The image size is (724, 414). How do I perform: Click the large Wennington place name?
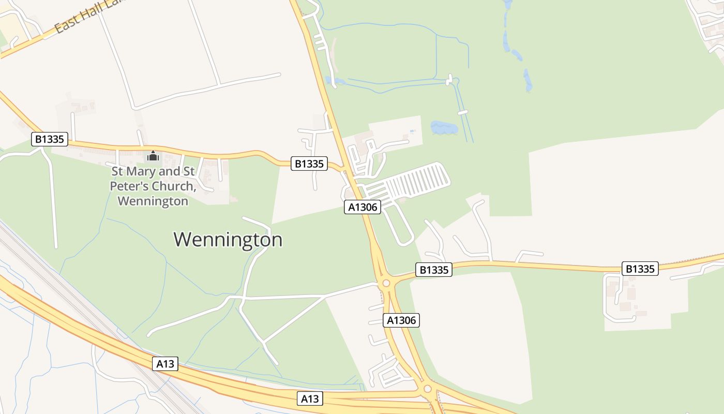point(228,240)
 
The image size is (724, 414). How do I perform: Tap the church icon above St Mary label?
point(153,155)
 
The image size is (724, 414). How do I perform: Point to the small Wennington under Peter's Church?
point(153,201)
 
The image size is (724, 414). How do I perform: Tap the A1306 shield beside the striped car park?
point(363,207)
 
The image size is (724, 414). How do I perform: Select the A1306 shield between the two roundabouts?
point(401,320)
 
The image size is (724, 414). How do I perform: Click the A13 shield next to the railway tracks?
point(165,364)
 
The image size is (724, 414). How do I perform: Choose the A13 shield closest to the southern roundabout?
point(310,398)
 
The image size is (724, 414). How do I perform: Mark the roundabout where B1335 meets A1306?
point(385,284)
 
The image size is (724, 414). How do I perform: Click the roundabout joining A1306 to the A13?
point(427,389)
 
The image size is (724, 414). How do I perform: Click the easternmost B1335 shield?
point(640,269)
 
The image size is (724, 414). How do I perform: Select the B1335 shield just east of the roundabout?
point(433,270)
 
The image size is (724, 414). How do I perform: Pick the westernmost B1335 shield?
point(50,139)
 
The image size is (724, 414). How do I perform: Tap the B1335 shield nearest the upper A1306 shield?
point(309,164)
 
